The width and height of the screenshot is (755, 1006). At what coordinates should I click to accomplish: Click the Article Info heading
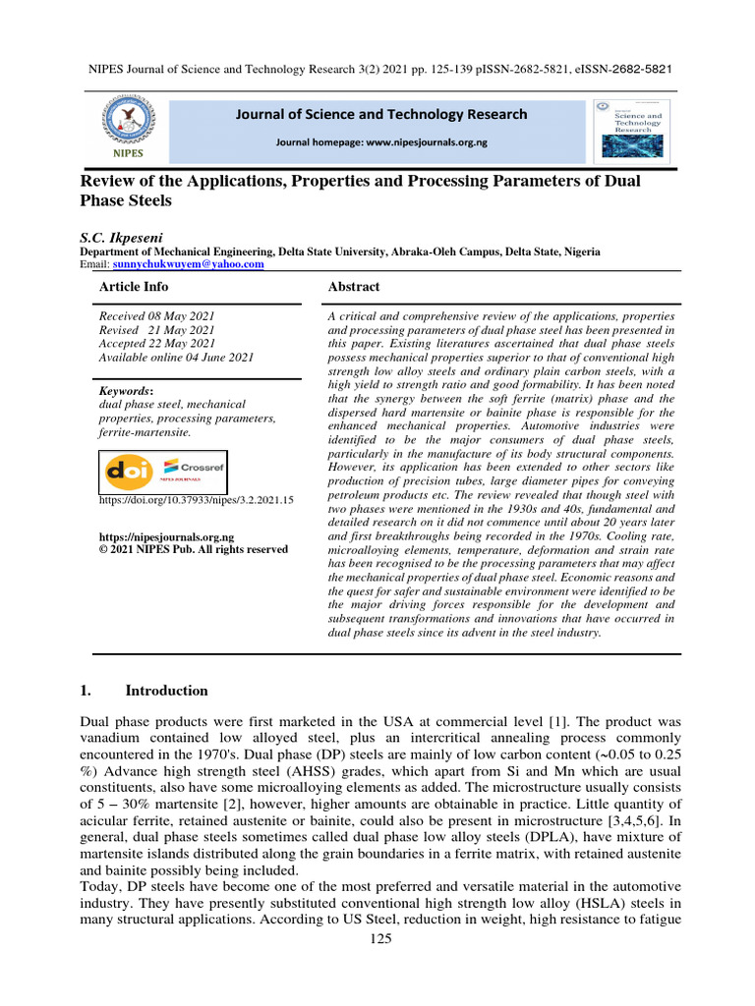coord(134,287)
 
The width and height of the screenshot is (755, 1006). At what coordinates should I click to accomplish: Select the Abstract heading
coord(353,287)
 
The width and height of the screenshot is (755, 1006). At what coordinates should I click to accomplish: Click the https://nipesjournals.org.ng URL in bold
coord(167,537)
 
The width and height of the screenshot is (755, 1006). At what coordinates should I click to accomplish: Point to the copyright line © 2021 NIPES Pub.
coord(195,550)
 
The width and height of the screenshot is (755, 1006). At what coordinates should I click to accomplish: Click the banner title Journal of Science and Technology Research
coord(381,115)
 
